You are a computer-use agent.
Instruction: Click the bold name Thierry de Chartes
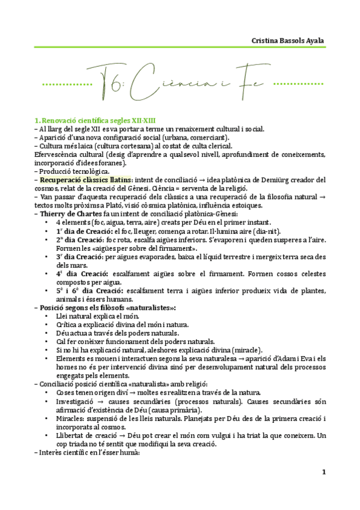click(x=69, y=214)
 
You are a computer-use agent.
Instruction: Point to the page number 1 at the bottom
click(x=323, y=472)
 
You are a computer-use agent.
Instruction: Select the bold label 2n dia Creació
click(x=80, y=239)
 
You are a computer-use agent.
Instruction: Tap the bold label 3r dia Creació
click(x=79, y=256)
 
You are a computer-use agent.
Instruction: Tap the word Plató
click(x=97, y=205)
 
